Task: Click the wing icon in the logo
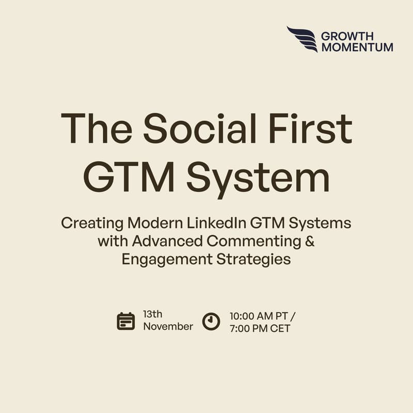[x=302, y=39]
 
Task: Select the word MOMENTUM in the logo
[x=357, y=47]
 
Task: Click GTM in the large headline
[x=129, y=178]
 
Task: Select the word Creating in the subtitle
[x=92, y=224]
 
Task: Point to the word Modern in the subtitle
[x=155, y=224]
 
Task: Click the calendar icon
[x=126, y=321]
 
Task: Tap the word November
[x=168, y=326]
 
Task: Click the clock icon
[x=211, y=321]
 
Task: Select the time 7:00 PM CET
[x=260, y=328]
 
